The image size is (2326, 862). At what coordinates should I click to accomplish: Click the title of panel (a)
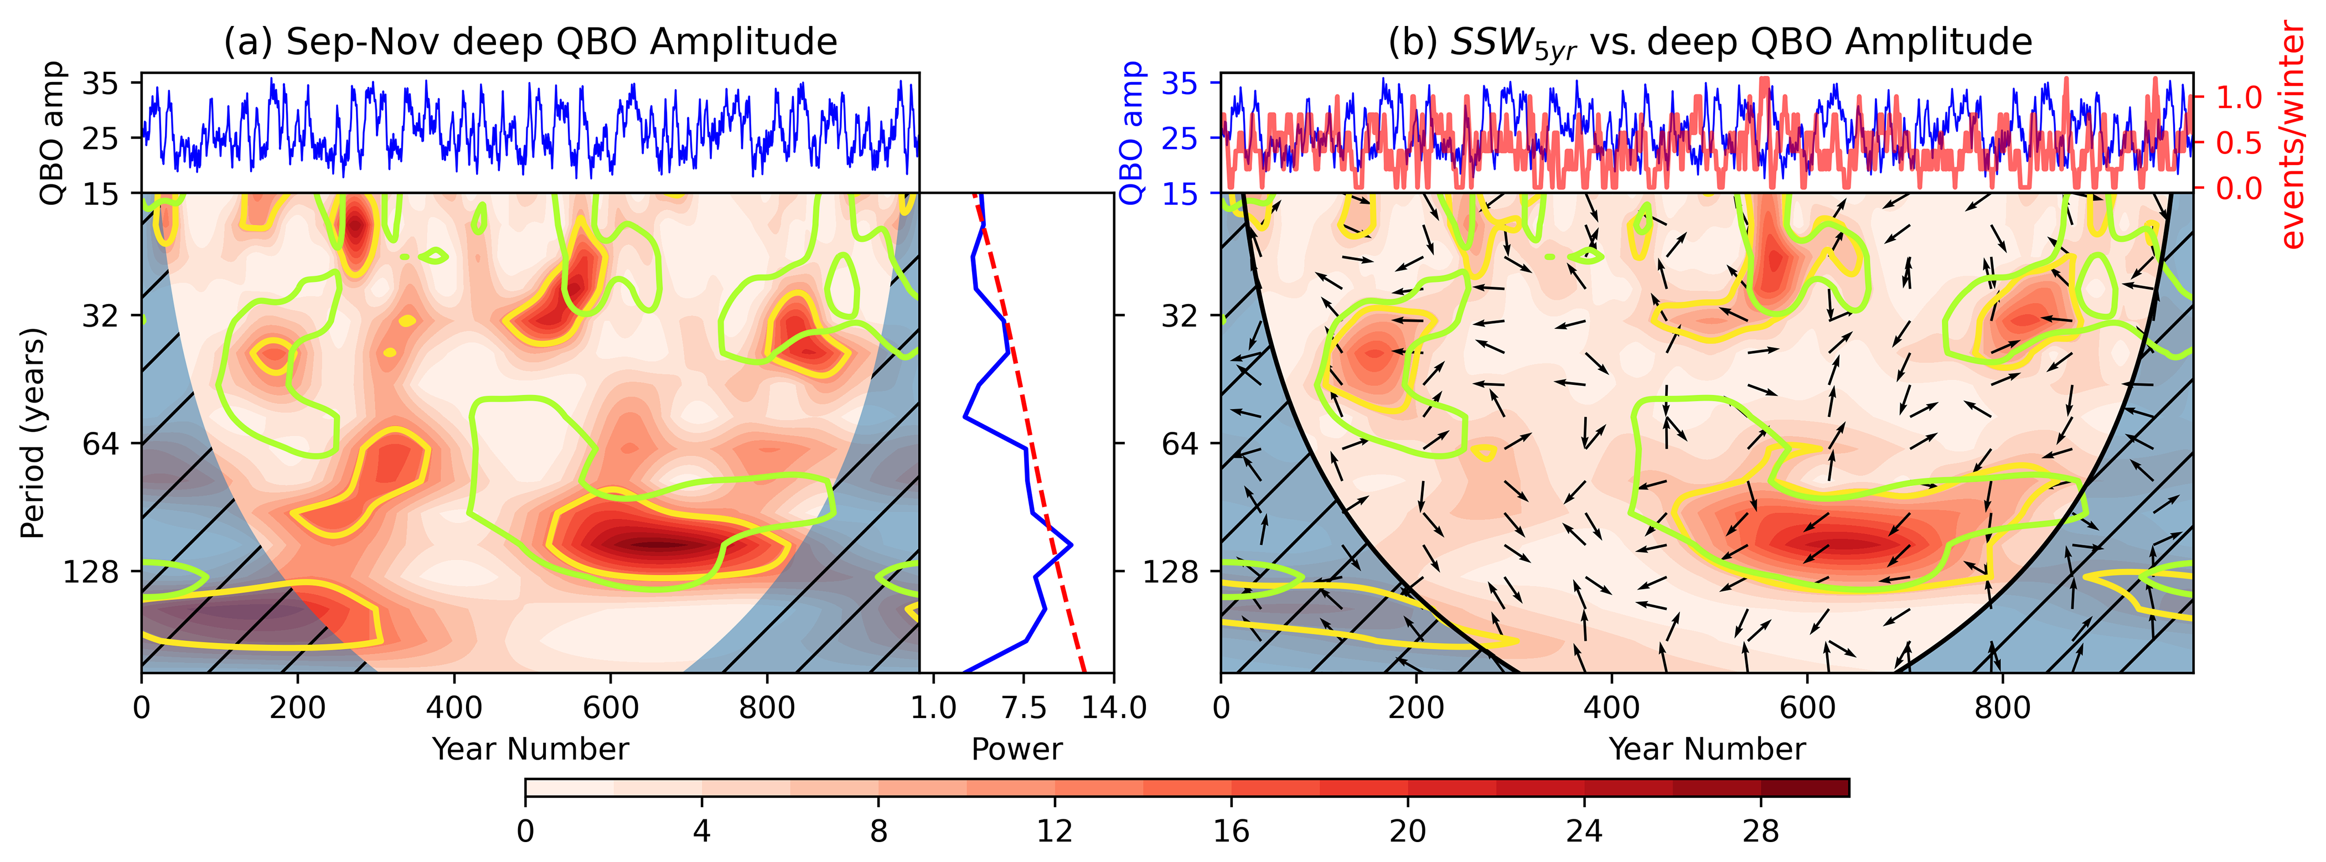pyautogui.click(x=530, y=43)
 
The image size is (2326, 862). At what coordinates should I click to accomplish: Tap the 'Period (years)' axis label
pyautogui.click(x=33, y=433)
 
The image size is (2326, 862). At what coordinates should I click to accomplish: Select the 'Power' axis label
pyautogui.click(x=1017, y=749)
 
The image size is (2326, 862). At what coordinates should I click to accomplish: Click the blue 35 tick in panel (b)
pyautogui.click(x=1179, y=84)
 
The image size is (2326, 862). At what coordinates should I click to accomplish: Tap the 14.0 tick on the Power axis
pyautogui.click(x=1114, y=707)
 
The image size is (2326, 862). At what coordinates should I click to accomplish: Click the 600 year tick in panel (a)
pyautogui.click(x=611, y=707)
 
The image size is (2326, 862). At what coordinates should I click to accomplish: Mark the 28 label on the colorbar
pyautogui.click(x=1761, y=830)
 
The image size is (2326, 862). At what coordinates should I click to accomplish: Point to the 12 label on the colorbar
pyautogui.click(x=1055, y=830)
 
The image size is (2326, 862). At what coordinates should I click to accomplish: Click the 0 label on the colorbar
pyautogui.click(x=525, y=830)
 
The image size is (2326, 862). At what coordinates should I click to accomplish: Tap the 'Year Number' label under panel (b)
pyautogui.click(x=1707, y=749)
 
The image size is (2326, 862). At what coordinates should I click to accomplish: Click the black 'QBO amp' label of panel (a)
pyautogui.click(x=53, y=133)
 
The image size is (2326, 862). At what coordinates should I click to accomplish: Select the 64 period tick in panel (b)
pyautogui.click(x=1179, y=443)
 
